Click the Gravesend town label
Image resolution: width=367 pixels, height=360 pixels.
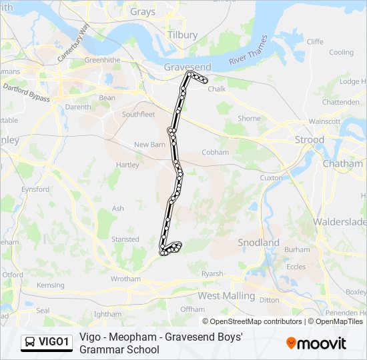[x=187, y=67]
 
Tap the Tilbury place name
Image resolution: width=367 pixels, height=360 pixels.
[x=182, y=35]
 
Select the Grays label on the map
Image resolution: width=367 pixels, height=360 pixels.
[x=143, y=12]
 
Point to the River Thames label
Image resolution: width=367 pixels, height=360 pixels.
[x=248, y=51]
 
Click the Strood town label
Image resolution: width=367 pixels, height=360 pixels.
[x=310, y=140]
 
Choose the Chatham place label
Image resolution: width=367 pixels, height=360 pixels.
[x=342, y=163]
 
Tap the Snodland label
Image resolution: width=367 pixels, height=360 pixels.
[x=258, y=243]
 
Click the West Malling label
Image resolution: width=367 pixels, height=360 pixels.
[x=226, y=295]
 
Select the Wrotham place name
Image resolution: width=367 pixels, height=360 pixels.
[x=125, y=279]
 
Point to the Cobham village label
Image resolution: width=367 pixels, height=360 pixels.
[x=215, y=152]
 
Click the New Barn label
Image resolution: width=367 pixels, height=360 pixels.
[x=149, y=145]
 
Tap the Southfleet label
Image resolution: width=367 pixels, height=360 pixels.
[x=138, y=114]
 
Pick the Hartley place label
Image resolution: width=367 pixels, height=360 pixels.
[x=127, y=165]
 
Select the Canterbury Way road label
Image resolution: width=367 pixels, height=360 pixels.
[x=73, y=43]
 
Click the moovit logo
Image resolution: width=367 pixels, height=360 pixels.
[x=316, y=343]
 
